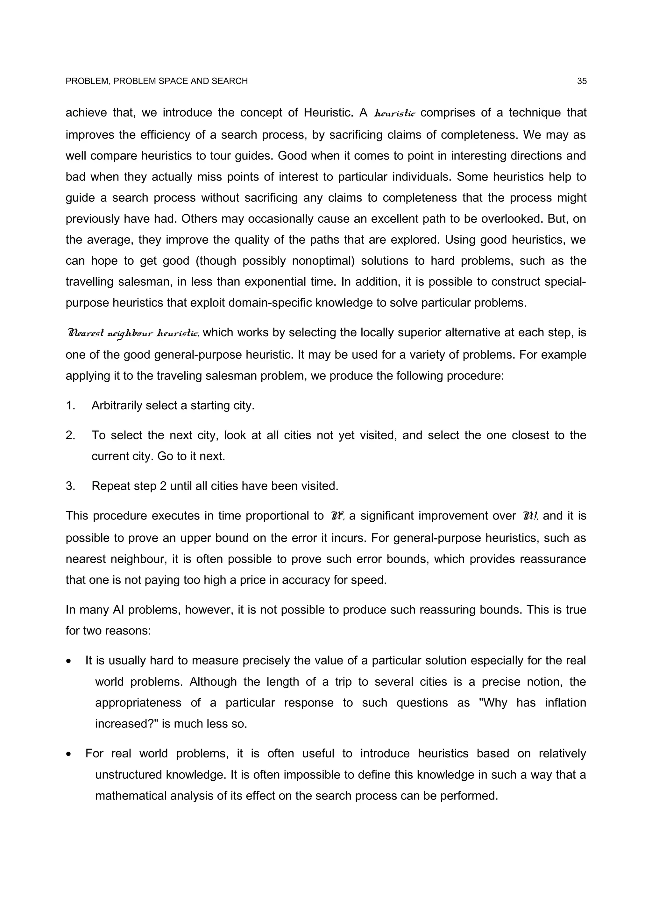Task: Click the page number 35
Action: tap(582, 81)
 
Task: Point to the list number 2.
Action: tap(70, 435)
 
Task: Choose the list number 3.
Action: tap(70, 486)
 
